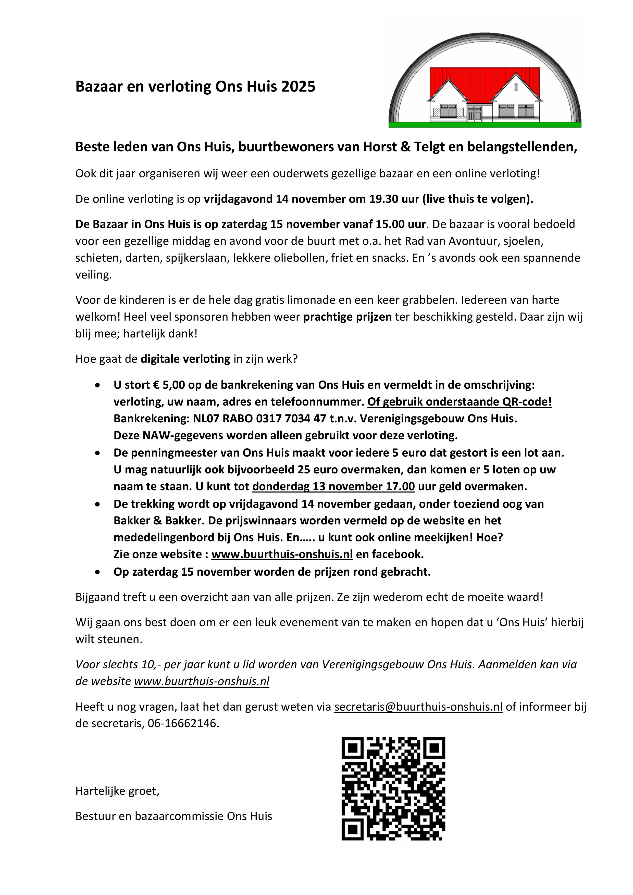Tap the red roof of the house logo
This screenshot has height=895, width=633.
coord(485,80)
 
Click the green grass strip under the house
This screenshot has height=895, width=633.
coord(485,125)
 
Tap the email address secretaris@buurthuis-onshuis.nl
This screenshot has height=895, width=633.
coord(418,707)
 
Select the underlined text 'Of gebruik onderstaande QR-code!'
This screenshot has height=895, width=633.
coord(460,402)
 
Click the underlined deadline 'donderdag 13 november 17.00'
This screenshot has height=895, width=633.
coord(333,486)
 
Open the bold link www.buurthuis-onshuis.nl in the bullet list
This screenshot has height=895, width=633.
coord(282,554)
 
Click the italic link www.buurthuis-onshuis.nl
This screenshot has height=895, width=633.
coord(202,681)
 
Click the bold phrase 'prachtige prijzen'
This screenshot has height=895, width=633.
coord(347,317)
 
